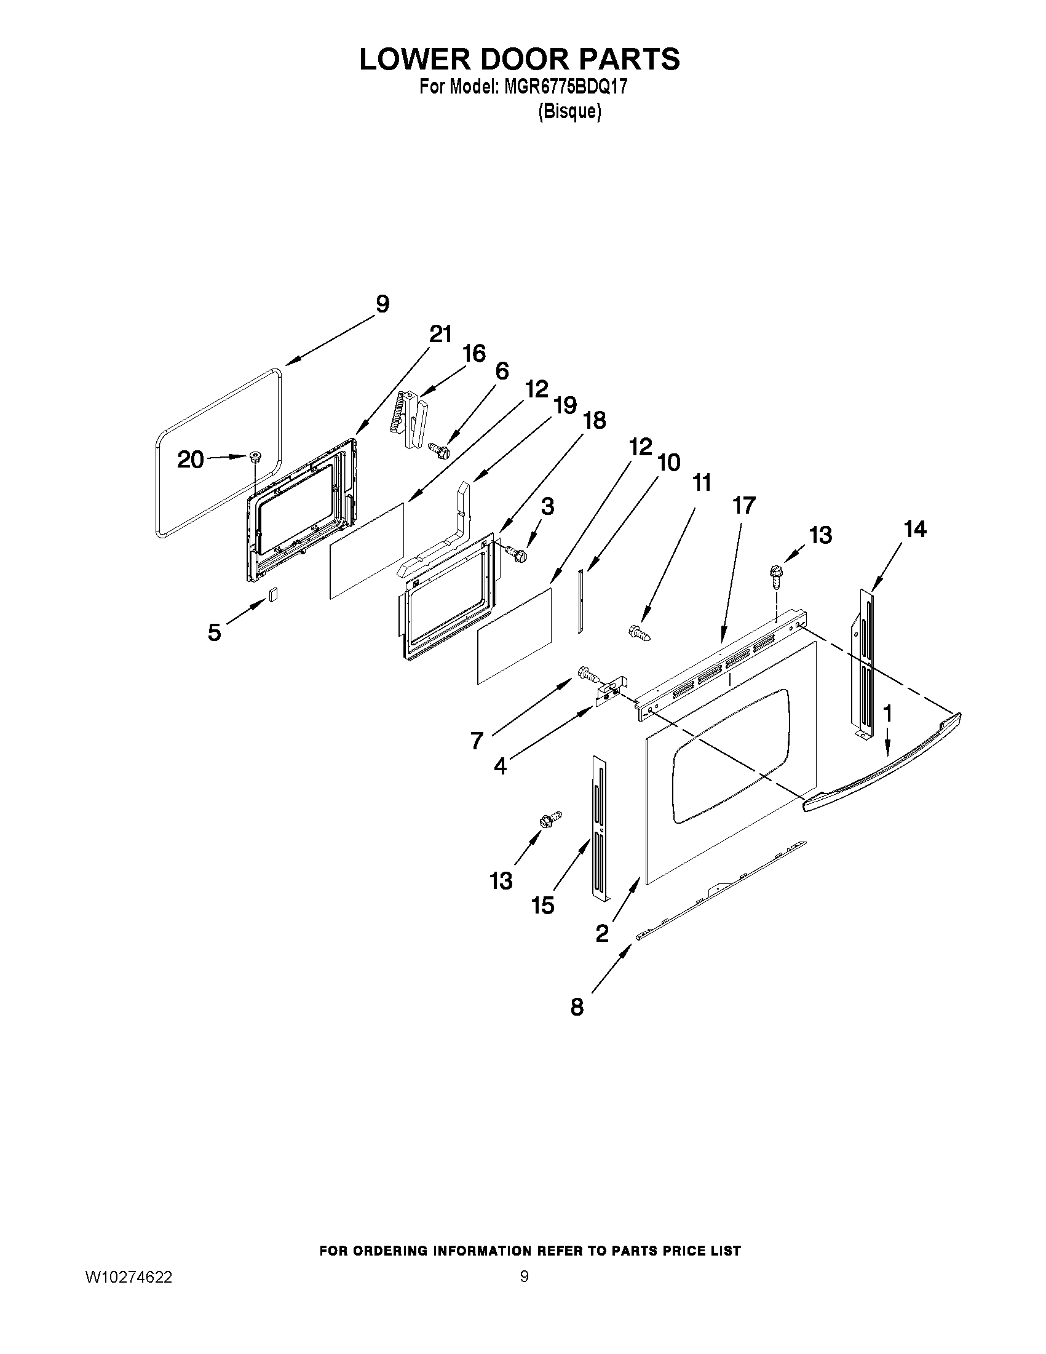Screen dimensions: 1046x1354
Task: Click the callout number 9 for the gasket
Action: pos(382,305)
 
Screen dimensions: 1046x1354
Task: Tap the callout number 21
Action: pos(440,335)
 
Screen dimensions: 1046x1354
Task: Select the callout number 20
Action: pos(190,460)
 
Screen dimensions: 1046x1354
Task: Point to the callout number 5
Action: pos(214,633)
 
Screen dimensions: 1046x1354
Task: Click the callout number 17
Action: pos(743,506)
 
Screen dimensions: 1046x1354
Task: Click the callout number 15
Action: pos(543,906)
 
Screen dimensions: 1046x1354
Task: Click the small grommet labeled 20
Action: pos(254,457)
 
